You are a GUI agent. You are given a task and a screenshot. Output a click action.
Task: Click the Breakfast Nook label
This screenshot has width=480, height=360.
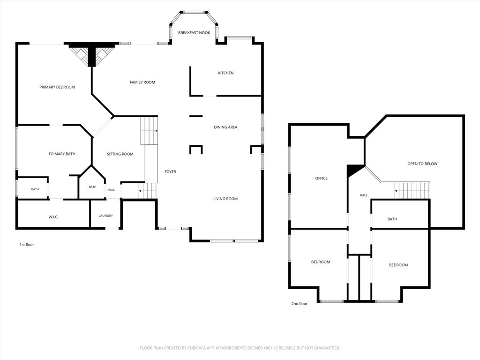point(194,33)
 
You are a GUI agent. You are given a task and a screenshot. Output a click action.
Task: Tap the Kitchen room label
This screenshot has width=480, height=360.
point(225,73)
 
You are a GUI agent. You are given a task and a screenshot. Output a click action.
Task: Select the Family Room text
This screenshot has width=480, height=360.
point(142,82)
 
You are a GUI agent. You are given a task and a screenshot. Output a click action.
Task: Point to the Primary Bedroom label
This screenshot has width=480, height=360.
point(57,87)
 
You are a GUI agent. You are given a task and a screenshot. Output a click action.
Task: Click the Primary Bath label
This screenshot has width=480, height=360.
point(62,154)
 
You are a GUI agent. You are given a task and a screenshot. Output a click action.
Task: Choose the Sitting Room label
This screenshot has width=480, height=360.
point(120,154)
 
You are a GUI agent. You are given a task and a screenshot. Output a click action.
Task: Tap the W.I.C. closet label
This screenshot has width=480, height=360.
point(53,217)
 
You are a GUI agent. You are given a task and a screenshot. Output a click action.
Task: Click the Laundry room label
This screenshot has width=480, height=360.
point(105,216)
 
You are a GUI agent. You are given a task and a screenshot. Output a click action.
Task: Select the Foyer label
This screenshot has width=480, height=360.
point(170,172)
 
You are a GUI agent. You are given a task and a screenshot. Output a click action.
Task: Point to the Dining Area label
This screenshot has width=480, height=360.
point(225,127)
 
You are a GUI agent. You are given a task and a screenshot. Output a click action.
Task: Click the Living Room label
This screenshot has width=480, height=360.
point(225,199)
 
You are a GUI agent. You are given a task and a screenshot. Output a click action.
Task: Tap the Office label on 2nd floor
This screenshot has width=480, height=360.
point(322,178)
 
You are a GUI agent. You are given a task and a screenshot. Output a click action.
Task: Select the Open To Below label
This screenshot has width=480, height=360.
point(422,164)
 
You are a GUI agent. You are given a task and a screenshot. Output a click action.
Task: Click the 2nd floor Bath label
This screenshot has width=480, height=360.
point(392,219)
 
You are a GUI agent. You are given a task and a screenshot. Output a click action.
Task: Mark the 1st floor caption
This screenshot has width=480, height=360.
point(27,245)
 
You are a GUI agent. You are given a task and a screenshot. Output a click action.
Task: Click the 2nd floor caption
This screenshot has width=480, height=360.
point(300,304)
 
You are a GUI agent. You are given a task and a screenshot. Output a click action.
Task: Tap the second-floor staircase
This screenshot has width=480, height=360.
point(412,190)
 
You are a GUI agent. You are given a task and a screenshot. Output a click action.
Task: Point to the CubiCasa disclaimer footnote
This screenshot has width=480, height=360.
point(240,348)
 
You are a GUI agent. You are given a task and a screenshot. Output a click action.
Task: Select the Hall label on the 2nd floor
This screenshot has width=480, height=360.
point(364,195)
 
